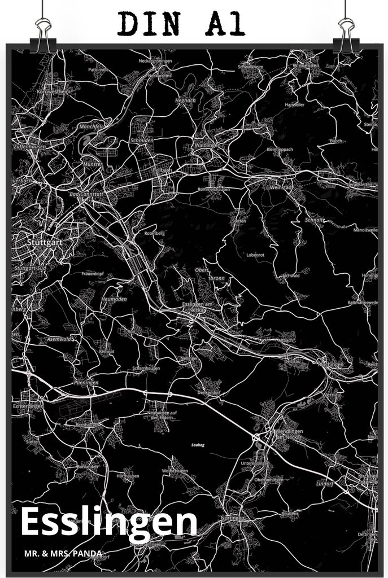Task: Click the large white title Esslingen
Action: (x=109, y=523)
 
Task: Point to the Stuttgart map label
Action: (x=43, y=242)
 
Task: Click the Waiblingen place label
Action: (x=207, y=145)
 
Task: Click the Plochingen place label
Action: (x=330, y=365)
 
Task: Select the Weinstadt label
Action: (x=281, y=187)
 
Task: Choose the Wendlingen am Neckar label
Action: (x=289, y=434)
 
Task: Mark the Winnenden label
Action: (x=306, y=65)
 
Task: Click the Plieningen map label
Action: (x=86, y=382)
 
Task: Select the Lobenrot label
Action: (x=255, y=255)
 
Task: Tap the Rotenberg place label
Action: (x=154, y=233)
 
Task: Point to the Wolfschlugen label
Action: (x=175, y=470)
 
